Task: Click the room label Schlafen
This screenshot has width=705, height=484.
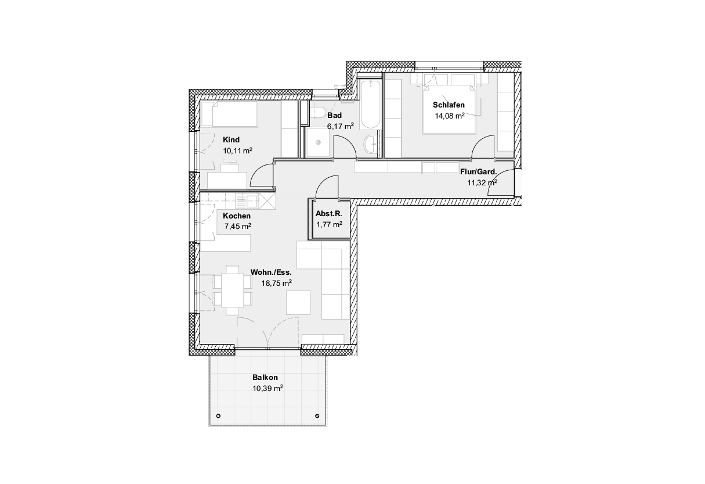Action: [449, 105]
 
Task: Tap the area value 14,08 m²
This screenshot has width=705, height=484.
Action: [450, 116]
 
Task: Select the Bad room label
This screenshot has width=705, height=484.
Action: [335, 115]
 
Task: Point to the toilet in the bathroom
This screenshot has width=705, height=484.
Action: [317, 113]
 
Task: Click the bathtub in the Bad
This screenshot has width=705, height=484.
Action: [370, 105]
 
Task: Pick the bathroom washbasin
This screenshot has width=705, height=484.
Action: [370, 144]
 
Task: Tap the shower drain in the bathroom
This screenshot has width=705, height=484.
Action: [318, 142]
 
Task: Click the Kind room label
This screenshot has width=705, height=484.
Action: [232, 139]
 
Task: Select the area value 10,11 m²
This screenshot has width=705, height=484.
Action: [238, 150]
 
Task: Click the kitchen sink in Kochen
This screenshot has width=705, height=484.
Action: [247, 201]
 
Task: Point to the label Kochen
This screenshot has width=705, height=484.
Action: [237, 216]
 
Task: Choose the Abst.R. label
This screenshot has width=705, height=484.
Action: [329, 214]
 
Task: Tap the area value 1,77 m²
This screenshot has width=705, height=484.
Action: [329, 224]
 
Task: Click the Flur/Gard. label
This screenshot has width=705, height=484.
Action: [478, 172]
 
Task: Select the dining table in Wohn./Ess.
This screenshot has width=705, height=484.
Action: [233, 290]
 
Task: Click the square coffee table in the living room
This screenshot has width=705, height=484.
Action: [298, 303]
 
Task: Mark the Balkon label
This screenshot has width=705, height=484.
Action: [265, 377]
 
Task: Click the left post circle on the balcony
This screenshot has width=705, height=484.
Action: [218, 416]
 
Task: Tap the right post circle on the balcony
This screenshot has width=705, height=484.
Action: [317, 416]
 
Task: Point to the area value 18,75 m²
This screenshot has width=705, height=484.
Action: [276, 283]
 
